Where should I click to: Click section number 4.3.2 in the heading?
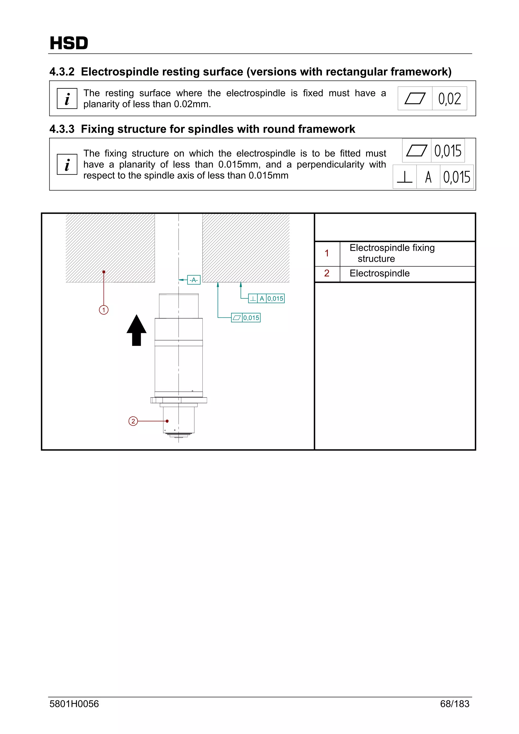tap(62, 72)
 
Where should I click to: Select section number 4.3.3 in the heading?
tap(62, 129)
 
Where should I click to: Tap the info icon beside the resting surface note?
tap(67, 99)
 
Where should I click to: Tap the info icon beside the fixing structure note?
tap(67, 164)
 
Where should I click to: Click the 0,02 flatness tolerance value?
tap(449, 99)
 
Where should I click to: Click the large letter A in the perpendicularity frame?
tap(428, 177)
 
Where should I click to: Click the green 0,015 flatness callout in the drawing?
tap(246, 318)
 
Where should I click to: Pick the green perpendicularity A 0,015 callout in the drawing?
tap(266, 298)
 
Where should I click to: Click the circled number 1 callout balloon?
tap(104, 310)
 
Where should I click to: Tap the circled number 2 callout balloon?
tap(133, 421)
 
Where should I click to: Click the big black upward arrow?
tap(137, 330)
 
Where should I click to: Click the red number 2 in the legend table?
tap(326, 273)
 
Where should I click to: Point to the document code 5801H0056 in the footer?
tap(74, 704)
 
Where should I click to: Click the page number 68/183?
tap(454, 704)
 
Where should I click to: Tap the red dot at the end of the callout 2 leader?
tap(167, 421)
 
